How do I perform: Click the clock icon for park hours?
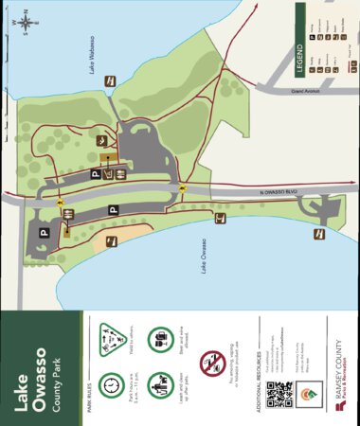[x=112, y=387]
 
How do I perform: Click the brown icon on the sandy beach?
[x=111, y=240]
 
